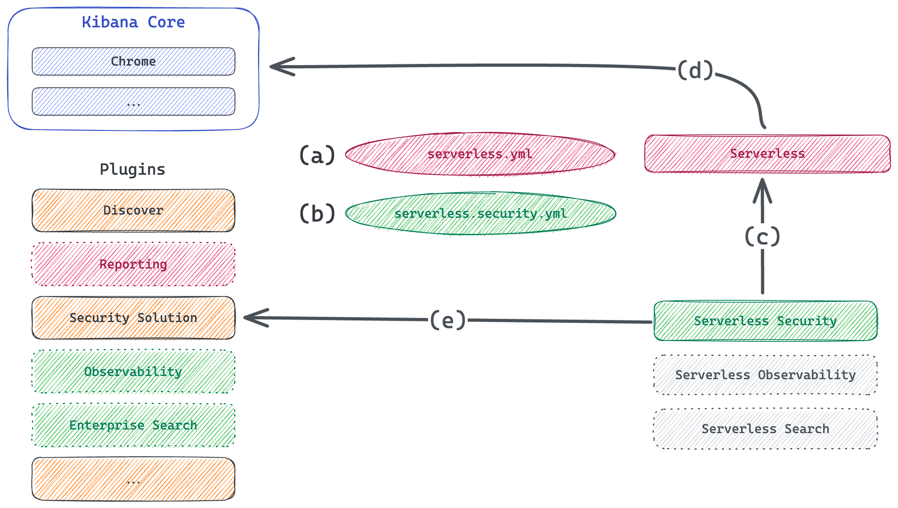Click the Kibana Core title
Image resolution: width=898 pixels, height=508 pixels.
(x=133, y=22)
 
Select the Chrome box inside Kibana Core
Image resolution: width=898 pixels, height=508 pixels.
(x=133, y=62)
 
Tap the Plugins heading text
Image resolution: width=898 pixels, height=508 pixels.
(x=132, y=169)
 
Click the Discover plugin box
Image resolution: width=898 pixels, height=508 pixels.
(x=133, y=211)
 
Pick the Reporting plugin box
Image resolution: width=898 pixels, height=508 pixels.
(x=133, y=264)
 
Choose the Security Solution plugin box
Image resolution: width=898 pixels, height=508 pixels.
(x=133, y=318)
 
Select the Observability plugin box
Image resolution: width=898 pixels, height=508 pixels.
(x=133, y=372)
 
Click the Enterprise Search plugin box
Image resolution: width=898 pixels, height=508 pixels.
(x=133, y=425)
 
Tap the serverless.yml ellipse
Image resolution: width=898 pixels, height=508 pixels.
(x=480, y=154)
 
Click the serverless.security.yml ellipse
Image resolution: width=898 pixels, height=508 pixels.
(x=481, y=213)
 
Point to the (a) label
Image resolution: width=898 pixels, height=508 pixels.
(x=317, y=155)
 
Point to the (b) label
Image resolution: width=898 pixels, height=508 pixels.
(x=317, y=213)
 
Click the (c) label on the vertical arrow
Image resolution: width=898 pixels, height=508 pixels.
(x=762, y=236)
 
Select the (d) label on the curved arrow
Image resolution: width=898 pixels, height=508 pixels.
(x=695, y=71)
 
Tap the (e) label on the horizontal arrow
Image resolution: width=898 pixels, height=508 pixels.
(x=448, y=320)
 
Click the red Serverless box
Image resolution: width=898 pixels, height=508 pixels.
(x=767, y=154)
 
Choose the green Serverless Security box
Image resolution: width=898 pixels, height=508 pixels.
(x=765, y=321)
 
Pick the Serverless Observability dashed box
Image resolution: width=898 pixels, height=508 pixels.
(x=765, y=375)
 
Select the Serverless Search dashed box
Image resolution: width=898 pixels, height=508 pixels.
(x=765, y=429)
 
